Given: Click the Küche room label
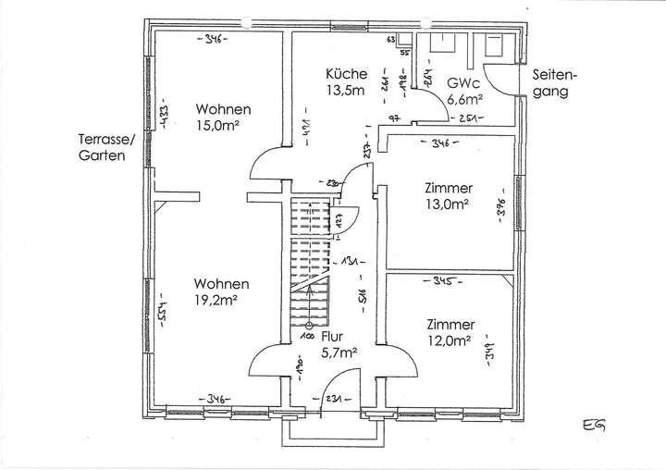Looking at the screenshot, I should (x=347, y=74).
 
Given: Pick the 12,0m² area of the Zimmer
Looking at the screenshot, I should (x=449, y=340).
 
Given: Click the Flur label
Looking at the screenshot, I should (x=335, y=337).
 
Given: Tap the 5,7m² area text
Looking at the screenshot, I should (x=339, y=352).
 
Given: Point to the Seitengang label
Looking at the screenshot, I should (x=555, y=83).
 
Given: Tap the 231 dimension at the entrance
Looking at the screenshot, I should (x=332, y=399).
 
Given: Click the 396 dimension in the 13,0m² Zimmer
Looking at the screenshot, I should (x=500, y=207).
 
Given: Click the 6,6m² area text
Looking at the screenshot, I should (x=465, y=98).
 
